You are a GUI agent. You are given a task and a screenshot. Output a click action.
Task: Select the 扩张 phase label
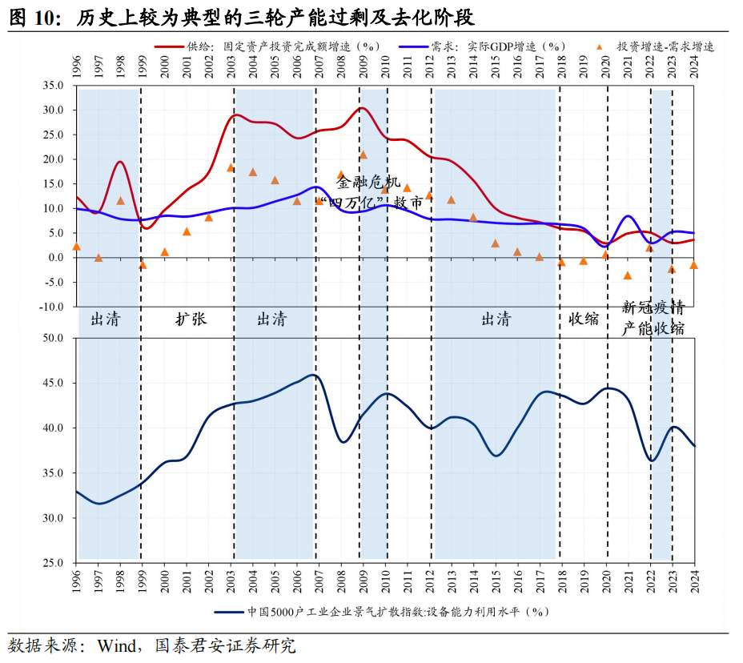(x=191, y=319)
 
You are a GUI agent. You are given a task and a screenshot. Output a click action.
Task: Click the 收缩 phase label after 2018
(x=584, y=319)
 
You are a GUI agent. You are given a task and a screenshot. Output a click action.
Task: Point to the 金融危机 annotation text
(x=367, y=183)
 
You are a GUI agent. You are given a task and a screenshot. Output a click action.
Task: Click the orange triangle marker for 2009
(x=363, y=155)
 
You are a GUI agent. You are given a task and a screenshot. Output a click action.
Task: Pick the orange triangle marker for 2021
(x=628, y=275)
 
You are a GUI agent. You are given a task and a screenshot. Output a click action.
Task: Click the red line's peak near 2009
(x=362, y=108)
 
